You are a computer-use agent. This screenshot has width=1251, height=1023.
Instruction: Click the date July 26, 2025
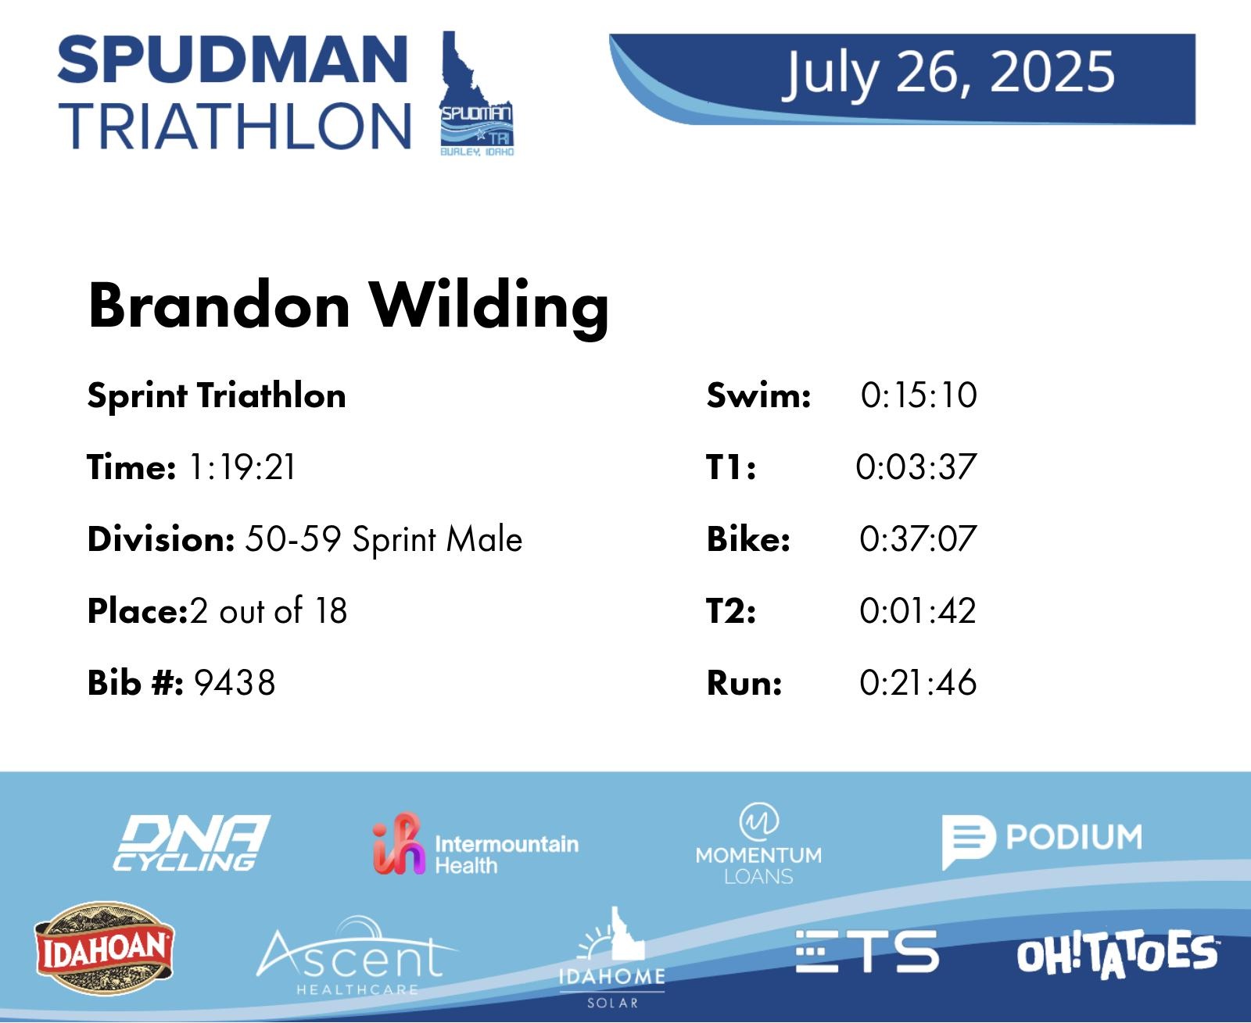coord(949,73)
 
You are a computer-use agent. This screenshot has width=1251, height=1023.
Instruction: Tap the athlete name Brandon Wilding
coord(348,307)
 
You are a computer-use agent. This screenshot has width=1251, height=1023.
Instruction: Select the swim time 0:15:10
coord(919,395)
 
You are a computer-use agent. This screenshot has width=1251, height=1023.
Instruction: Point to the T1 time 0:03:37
coord(916,467)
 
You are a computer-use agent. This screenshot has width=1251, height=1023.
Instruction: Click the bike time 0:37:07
coord(918,538)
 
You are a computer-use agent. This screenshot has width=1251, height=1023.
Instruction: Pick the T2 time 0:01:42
coord(918,610)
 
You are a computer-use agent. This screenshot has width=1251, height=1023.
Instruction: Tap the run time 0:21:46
coord(918,682)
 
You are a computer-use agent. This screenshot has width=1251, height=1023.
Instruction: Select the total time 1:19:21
coord(242,467)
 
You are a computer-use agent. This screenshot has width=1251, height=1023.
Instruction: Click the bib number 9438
coord(235,682)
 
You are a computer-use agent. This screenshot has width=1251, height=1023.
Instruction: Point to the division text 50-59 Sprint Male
coord(384,539)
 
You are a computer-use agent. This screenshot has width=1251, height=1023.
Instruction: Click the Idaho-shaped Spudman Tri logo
coord(477,94)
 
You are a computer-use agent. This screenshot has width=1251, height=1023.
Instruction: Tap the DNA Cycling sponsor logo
coord(191,842)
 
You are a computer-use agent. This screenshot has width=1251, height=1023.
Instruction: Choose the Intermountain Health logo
coord(475,843)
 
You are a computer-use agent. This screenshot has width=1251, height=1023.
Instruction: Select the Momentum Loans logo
coord(758,844)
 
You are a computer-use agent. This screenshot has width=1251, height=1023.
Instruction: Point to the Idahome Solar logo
coord(612,957)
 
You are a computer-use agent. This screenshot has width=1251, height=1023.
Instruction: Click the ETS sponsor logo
coord(867,951)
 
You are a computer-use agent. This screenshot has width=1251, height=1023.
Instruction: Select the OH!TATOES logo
coord(1117,954)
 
